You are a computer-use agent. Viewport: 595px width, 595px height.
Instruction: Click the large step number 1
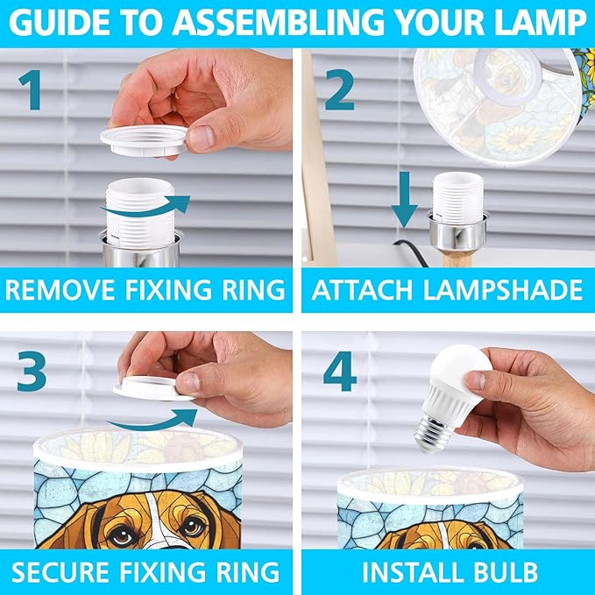tap(31, 90)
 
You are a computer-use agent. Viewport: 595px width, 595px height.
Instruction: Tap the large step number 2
tap(340, 89)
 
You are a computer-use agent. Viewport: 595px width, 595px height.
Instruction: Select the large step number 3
tap(32, 372)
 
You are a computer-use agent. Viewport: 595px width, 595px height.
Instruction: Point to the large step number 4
tap(340, 372)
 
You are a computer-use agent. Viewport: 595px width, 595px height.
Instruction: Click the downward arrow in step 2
tap(405, 199)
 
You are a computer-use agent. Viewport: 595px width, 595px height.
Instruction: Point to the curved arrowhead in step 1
tap(179, 204)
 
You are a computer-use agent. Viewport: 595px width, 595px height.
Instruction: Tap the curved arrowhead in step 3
tap(186, 417)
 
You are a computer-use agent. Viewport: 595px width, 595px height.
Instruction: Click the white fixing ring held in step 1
tap(144, 141)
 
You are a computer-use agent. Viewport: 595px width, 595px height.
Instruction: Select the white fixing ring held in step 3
tap(152, 388)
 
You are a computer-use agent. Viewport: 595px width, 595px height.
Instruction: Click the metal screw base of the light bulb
tap(434, 433)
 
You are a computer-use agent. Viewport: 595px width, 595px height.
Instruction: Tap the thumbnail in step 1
tap(202, 138)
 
